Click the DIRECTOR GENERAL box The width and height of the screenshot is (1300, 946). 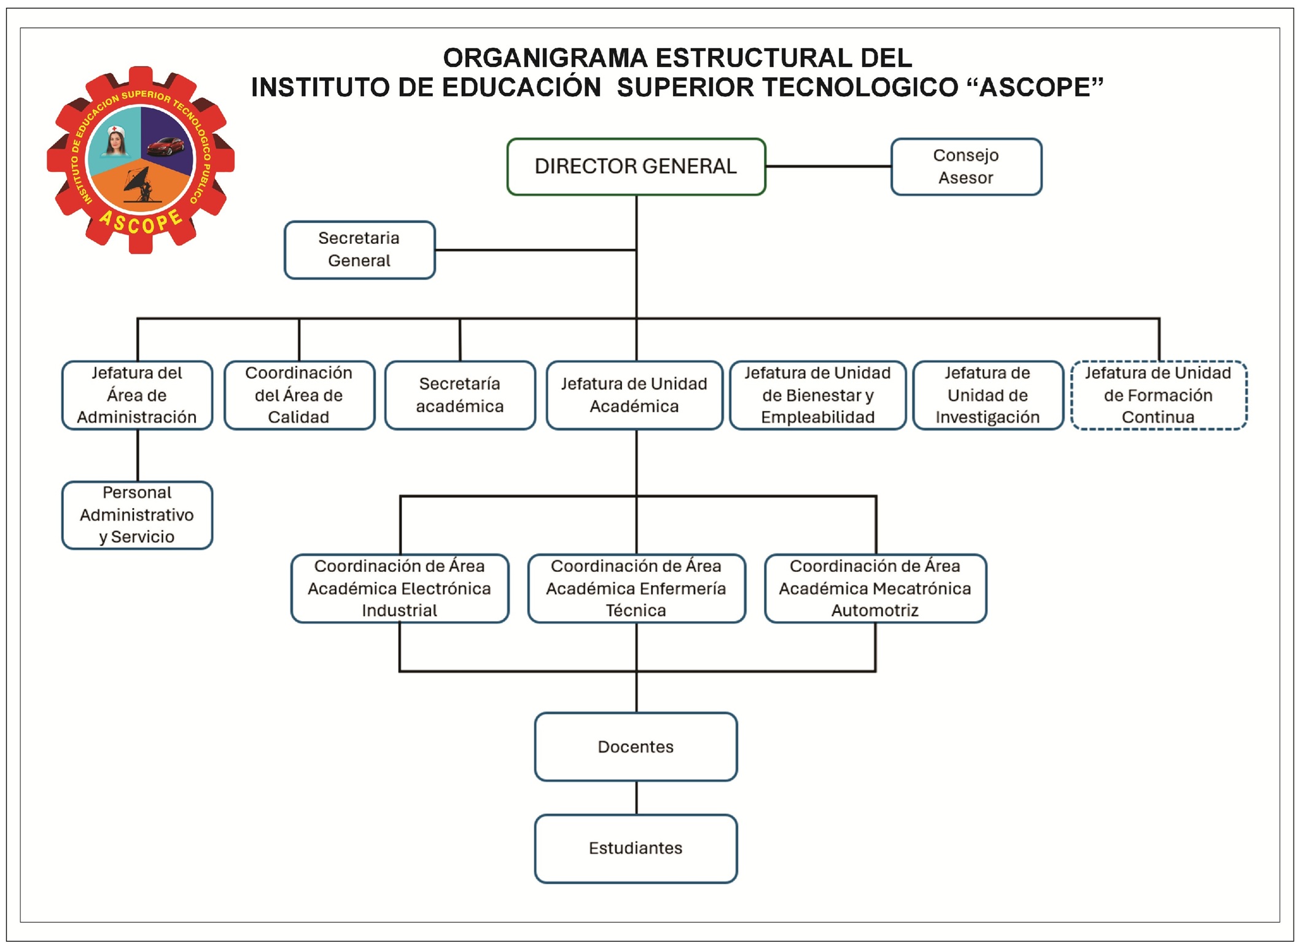(636, 166)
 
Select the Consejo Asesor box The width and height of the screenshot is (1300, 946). (966, 166)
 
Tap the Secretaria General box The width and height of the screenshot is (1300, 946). (359, 249)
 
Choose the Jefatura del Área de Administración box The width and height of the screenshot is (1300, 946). (137, 395)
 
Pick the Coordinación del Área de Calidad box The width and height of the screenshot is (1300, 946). (299, 395)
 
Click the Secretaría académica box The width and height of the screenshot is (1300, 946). (460, 395)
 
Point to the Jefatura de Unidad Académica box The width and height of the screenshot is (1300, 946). (634, 395)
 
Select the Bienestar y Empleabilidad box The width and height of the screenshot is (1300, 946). (817, 395)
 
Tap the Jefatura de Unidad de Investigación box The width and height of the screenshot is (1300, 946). (987, 395)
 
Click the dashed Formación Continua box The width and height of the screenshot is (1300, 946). (1158, 395)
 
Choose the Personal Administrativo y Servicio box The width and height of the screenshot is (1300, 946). (137, 515)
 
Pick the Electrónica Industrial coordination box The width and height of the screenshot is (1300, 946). (400, 588)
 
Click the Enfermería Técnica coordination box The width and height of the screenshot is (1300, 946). (636, 588)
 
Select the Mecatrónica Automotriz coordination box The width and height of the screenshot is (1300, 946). (875, 588)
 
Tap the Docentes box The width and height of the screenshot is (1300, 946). (636, 746)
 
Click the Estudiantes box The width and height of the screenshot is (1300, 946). (636, 848)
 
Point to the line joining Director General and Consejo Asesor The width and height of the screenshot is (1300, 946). (828, 166)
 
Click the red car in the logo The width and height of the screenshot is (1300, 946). (165, 146)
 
